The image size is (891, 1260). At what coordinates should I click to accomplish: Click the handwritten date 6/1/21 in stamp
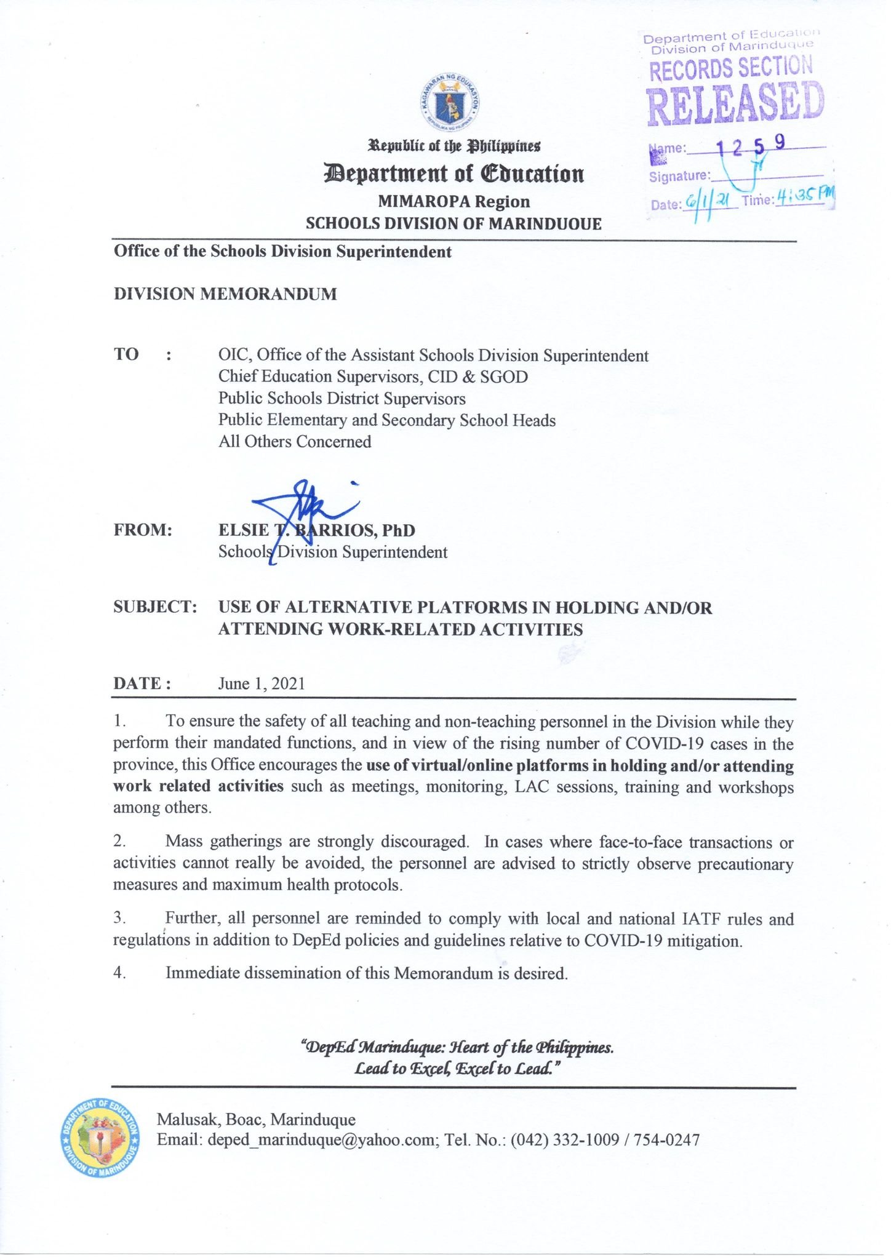708,204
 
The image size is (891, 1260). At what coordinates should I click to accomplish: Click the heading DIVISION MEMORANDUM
225,294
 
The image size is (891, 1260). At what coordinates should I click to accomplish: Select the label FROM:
142,530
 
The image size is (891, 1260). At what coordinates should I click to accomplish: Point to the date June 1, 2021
262,684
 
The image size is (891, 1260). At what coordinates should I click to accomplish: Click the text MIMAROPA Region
453,202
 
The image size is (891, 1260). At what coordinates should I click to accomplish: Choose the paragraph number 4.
119,973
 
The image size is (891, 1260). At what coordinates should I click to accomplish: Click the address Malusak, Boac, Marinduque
256,1119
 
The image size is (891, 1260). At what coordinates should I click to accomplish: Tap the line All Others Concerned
295,442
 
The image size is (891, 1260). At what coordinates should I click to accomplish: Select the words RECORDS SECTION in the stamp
731,68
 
